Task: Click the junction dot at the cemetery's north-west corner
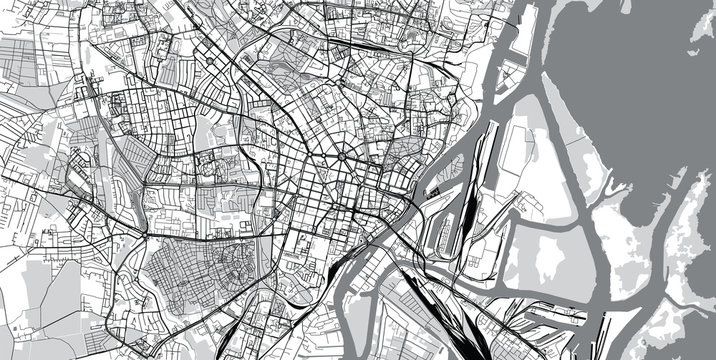click(x=147, y=239)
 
